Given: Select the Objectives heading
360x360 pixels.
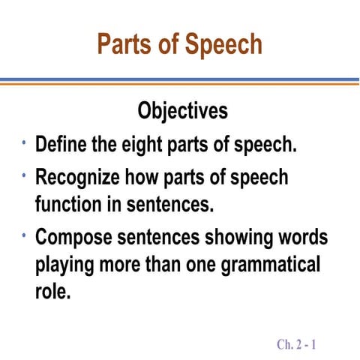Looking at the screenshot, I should tap(182, 111).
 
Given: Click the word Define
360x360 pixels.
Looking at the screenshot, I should tap(62, 144).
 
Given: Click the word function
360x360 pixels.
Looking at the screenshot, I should tap(70, 202).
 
